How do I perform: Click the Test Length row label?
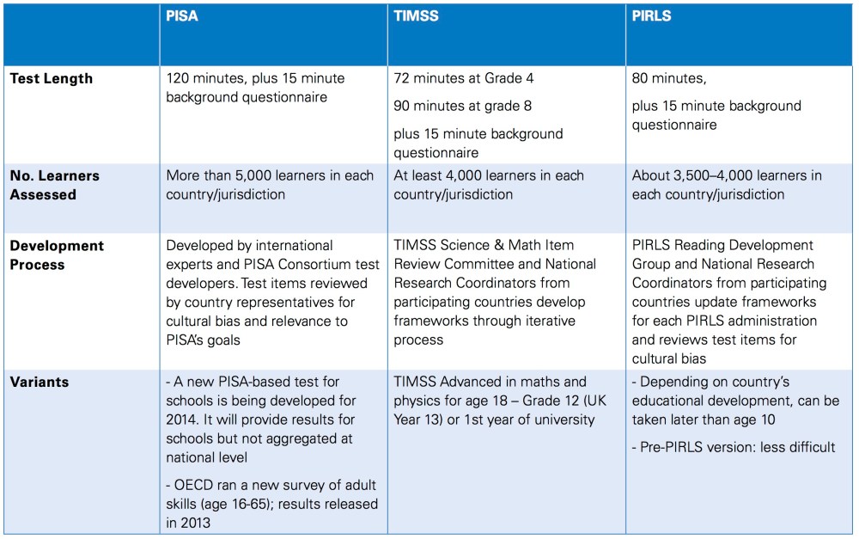[52, 78]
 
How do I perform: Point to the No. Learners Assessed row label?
[55, 185]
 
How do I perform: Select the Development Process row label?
[58, 254]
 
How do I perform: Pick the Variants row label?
[40, 382]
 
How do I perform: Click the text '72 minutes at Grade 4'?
[464, 78]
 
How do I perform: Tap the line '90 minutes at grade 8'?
[463, 107]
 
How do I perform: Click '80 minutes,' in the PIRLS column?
[669, 78]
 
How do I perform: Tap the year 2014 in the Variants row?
[185, 418]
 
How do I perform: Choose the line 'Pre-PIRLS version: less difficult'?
[734, 447]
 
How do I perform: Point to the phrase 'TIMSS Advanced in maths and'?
[490, 382]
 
